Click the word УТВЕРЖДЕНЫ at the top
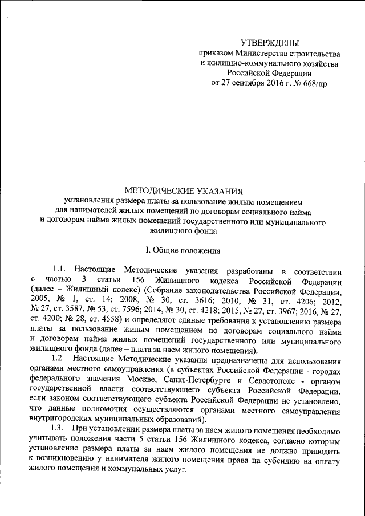coord(269,42)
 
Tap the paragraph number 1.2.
coord(60,361)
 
